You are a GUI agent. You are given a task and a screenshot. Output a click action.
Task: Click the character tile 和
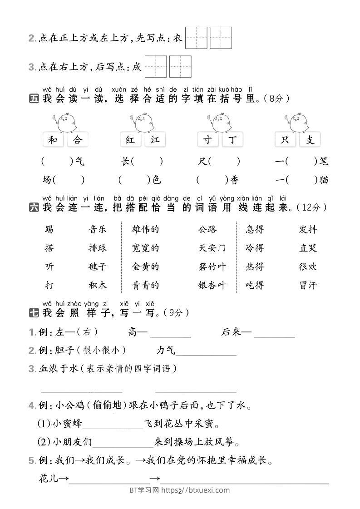(54, 140)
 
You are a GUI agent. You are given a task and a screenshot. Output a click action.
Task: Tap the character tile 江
(156, 140)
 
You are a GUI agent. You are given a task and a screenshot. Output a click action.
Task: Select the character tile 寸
(208, 140)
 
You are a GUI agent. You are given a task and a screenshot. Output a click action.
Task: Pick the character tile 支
(310, 140)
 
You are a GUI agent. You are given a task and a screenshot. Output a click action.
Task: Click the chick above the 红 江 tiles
(143, 122)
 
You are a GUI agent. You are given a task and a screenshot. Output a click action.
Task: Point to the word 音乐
(97, 229)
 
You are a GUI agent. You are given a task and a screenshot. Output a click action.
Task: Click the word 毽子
(97, 267)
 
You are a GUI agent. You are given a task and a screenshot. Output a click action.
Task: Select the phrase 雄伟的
(145, 229)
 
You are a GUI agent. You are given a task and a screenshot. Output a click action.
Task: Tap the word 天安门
(212, 248)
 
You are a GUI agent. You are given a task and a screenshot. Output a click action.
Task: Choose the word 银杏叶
(212, 285)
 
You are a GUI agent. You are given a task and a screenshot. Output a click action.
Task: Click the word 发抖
(308, 229)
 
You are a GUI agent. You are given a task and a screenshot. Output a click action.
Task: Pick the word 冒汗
(308, 285)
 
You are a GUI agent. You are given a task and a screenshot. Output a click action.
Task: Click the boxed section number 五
(34, 99)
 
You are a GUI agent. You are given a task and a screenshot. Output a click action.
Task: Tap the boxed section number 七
(34, 312)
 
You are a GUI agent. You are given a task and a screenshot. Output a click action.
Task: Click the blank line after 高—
(170, 334)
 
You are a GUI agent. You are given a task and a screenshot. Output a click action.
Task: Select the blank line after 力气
(206, 351)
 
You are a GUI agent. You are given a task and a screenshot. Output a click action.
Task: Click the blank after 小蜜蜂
(113, 425)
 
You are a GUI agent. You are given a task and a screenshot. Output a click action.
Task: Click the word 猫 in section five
(324, 180)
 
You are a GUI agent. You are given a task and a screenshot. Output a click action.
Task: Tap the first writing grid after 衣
(196, 38)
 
